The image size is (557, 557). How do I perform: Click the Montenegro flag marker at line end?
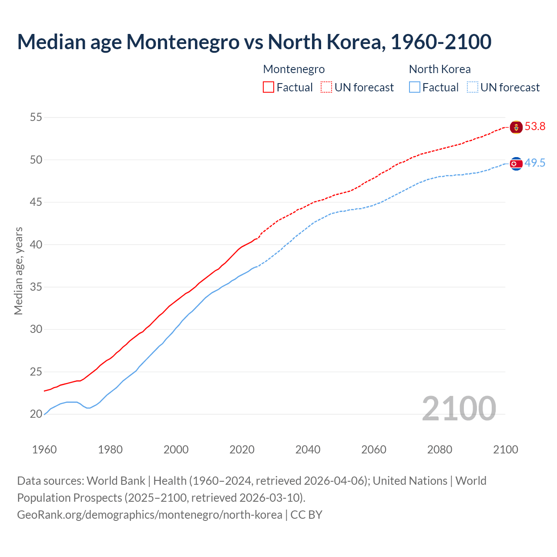pyautogui.click(x=516, y=127)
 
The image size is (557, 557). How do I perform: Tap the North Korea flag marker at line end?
pyautogui.click(x=516, y=164)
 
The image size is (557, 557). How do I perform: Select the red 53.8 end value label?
pyautogui.click(x=535, y=127)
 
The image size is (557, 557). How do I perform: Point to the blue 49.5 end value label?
pyautogui.click(x=535, y=163)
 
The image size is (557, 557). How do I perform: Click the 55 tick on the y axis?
pyautogui.click(x=36, y=117)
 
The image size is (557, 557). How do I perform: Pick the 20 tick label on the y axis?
pyautogui.click(x=36, y=414)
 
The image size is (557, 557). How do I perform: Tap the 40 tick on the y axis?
pyautogui.click(x=36, y=245)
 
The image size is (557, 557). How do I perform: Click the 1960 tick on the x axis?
pyautogui.click(x=44, y=450)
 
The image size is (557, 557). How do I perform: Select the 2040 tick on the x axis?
pyautogui.click(x=308, y=450)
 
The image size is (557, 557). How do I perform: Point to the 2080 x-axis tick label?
pyautogui.click(x=440, y=450)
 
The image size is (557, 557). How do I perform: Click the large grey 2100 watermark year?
pyautogui.click(x=459, y=408)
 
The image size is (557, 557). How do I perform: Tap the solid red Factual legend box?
pyautogui.click(x=268, y=87)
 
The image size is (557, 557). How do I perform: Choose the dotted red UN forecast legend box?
pyautogui.click(x=326, y=87)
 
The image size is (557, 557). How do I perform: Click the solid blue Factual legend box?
pyautogui.click(x=415, y=87)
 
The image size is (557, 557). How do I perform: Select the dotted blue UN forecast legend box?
pyautogui.click(x=473, y=87)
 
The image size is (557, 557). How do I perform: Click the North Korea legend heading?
pyautogui.click(x=440, y=69)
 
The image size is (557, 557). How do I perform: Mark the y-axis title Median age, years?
pyautogui.click(x=18, y=271)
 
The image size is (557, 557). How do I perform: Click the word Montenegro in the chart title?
pyautogui.click(x=183, y=42)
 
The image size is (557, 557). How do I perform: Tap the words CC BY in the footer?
pyautogui.click(x=306, y=515)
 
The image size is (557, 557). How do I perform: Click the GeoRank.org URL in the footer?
pyautogui.click(x=149, y=515)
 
